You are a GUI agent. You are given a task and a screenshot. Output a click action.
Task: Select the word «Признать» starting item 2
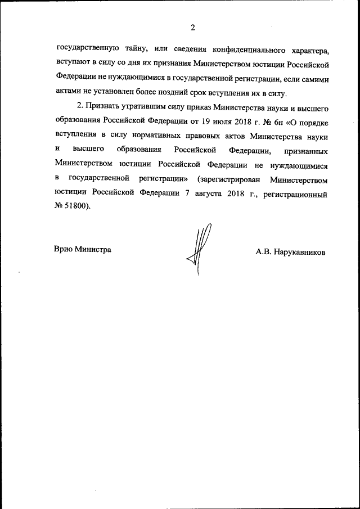coord(102,107)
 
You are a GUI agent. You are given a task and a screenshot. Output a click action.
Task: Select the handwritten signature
coord(199,247)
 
